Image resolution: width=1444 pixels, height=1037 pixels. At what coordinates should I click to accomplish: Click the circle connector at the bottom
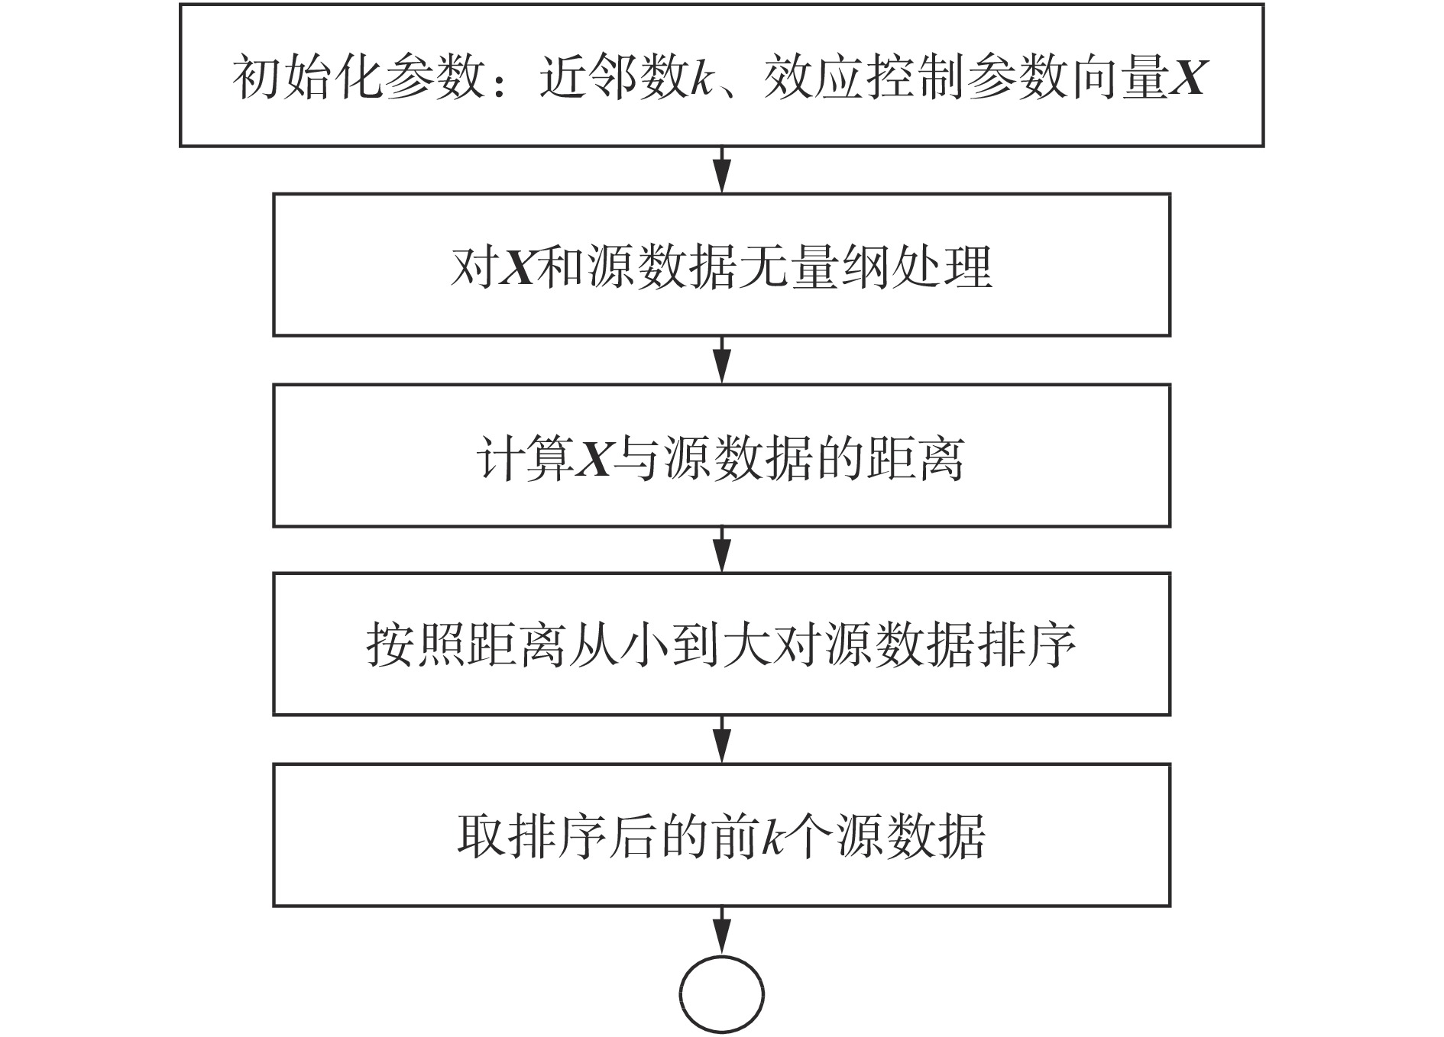click(721, 995)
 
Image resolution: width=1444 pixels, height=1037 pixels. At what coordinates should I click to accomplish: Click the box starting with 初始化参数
click(721, 75)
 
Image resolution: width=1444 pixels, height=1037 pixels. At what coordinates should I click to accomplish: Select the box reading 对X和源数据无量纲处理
click(721, 265)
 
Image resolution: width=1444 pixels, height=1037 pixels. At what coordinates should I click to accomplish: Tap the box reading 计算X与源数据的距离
click(721, 456)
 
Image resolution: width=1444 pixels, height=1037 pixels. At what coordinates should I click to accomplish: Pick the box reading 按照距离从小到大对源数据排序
click(721, 644)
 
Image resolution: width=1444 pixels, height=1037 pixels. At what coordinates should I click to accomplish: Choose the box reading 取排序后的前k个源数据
click(721, 835)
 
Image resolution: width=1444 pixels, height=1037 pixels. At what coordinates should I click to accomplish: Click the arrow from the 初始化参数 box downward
click(721, 170)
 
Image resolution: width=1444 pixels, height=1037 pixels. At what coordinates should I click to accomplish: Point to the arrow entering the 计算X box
click(721, 360)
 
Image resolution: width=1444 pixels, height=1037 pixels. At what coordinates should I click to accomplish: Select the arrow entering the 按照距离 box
click(721, 550)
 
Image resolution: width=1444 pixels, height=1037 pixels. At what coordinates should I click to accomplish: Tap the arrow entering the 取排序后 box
click(721, 739)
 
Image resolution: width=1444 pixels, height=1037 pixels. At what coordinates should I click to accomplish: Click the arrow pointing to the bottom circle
click(721, 931)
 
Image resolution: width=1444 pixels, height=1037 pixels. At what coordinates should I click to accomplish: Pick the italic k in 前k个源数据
click(774, 838)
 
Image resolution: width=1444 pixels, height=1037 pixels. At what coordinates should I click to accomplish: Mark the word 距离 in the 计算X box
click(915, 458)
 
